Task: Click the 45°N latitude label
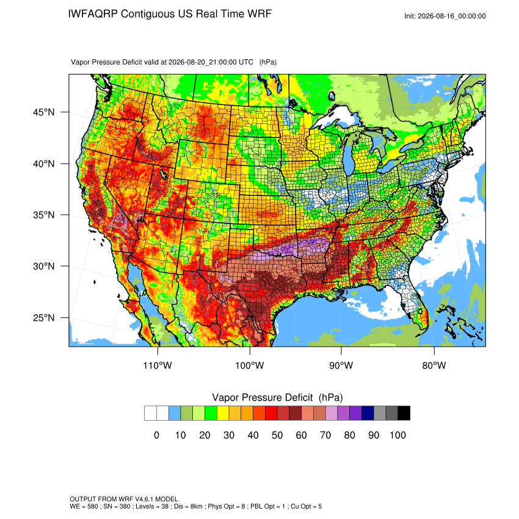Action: point(44,112)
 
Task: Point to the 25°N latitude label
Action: point(44,318)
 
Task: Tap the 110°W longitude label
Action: point(158,365)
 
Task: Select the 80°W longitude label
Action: point(434,365)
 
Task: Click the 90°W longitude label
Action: point(341,365)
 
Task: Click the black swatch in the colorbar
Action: point(404,413)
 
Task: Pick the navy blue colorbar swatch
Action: point(368,413)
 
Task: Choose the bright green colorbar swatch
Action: point(211,413)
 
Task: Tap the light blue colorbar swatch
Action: point(175,413)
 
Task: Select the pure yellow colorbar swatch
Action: point(223,413)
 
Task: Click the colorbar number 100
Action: point(398,435)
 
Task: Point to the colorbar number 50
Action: point(277,435)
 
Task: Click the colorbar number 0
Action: point(156,435)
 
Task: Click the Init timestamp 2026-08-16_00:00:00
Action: point(452,16)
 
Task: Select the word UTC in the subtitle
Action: point(246,62)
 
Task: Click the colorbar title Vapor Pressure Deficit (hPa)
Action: point(277,397)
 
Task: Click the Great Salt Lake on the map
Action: point(164,174)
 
